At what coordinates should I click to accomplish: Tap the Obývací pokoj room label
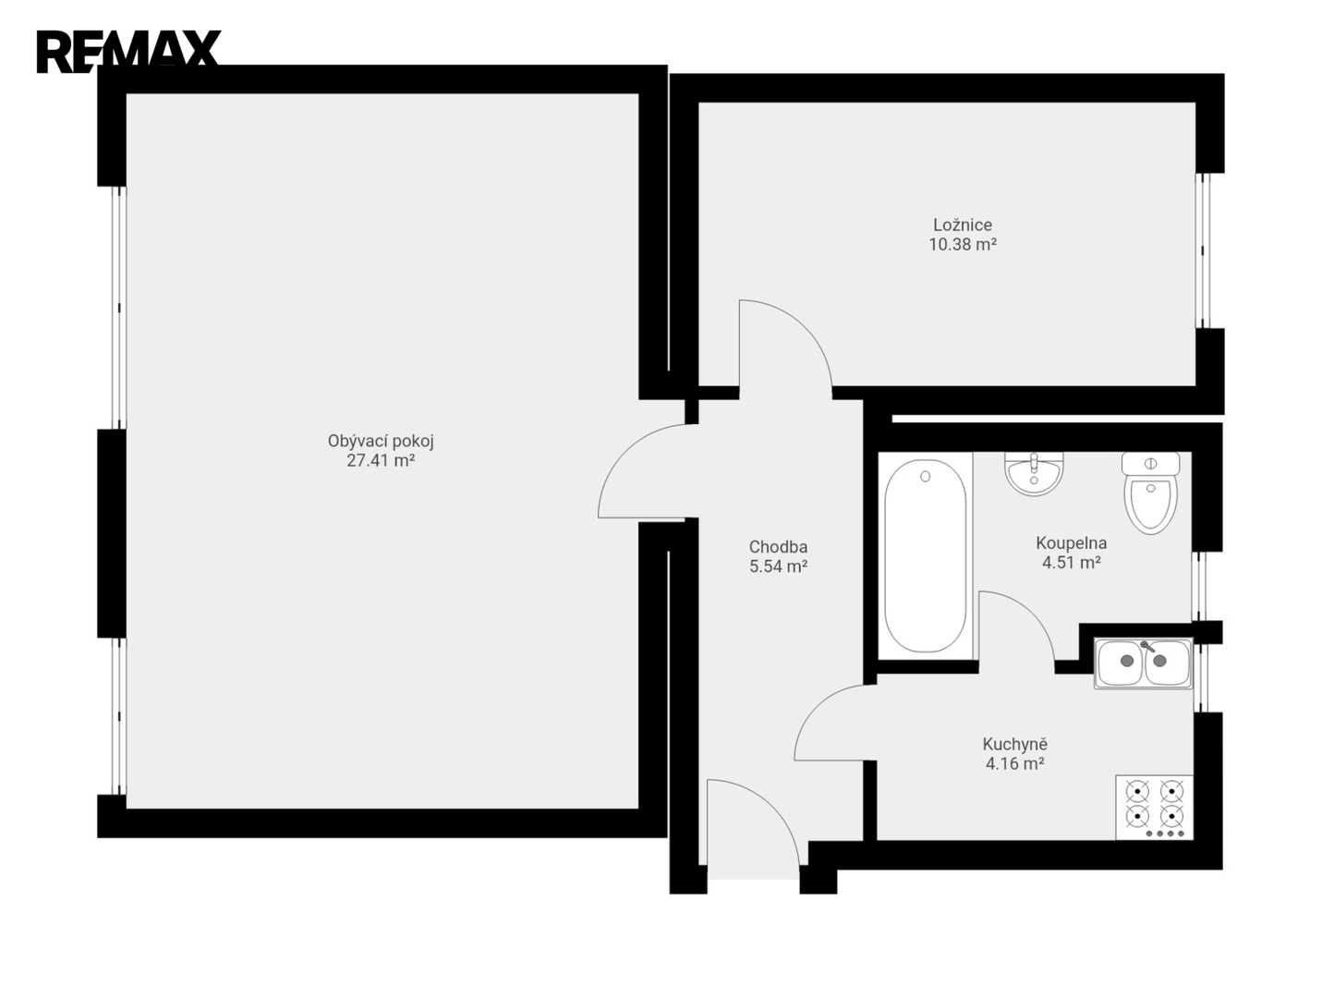[x=380, y=442]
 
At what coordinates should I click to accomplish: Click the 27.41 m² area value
[x=380, y=461]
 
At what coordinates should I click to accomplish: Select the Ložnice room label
[x=963, y=225]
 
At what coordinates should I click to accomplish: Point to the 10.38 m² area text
[x=963, y=244]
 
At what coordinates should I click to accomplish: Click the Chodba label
[x=778, y=547]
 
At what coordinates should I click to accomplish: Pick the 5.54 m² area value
[x=778, y=566]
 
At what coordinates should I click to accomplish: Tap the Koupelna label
[x=1071, y=543]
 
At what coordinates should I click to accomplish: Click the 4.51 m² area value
[x=1072, y=563]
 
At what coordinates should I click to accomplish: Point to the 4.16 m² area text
[x=1015, y=763]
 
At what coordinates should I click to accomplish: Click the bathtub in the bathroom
[x=925, y=555]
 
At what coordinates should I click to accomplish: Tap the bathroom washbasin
[x=1034, y=474]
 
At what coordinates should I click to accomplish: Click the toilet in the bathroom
[x=1150, y=493]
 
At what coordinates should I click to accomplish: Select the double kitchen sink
[x=1143, y=663]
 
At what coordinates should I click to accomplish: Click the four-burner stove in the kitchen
[x=1154, y=807]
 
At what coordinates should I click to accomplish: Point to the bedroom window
[x=1202, y=250]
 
